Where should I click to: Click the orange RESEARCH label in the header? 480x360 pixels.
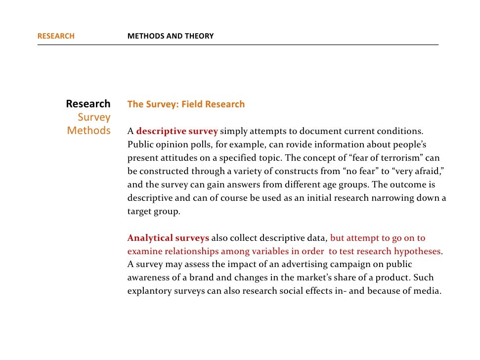coord(56,36)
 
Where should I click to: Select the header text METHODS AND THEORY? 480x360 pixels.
coord(171,36)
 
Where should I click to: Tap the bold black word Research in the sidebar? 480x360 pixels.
coord(88,104)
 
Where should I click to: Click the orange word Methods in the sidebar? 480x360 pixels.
coord(88,131)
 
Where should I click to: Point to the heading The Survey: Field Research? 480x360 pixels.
coord(186,104)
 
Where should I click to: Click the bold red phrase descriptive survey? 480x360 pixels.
coord(177,132)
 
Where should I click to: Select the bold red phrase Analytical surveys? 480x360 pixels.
coord(168,238)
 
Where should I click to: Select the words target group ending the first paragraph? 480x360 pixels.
coord(153,211)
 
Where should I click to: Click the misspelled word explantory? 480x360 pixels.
coord(149,291)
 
